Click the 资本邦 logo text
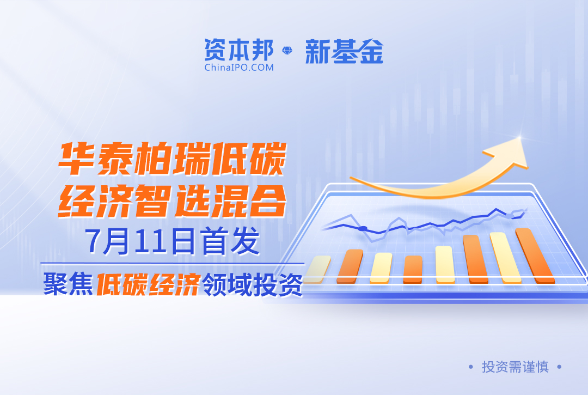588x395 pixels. [239, 50]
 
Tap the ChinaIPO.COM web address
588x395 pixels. [239, 68]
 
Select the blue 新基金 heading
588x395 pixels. [344, 51]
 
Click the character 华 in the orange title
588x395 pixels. [77, 159]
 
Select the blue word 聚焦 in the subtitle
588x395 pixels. [68, 284]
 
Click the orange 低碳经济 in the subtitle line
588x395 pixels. [148, 284]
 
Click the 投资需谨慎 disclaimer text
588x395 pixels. [515, 367]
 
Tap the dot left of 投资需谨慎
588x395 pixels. [470, 367]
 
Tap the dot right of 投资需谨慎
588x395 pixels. [559, 367]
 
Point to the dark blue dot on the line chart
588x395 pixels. [363, 228]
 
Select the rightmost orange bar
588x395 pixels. [535, 256]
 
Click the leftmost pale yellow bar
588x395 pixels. [317, 269]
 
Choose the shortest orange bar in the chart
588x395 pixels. [413, 269]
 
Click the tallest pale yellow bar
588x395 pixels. [505, 257]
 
